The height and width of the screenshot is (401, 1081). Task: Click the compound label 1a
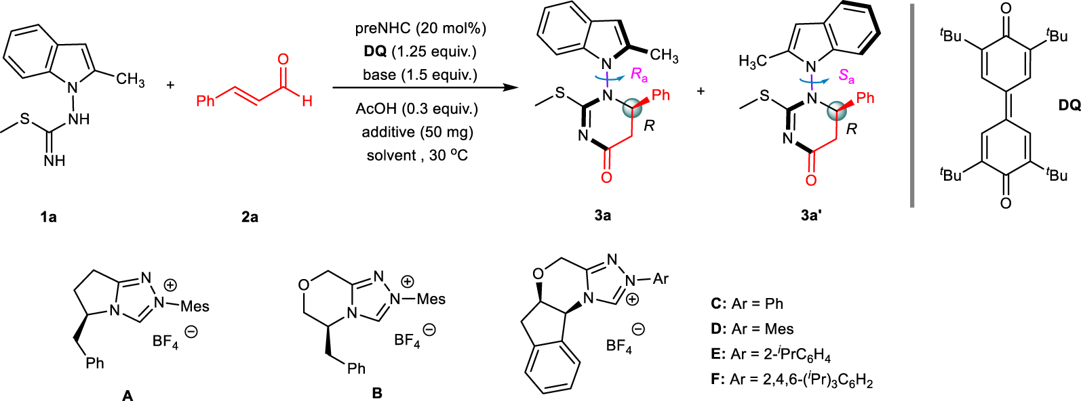point(47,217)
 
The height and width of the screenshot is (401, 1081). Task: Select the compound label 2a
point(250,217)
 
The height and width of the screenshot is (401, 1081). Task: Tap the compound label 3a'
point(812,215)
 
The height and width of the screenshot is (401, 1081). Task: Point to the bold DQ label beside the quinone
point(1069,105)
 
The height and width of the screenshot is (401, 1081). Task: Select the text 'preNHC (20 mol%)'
point(420,28)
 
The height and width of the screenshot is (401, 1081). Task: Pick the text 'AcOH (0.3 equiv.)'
point(417,108)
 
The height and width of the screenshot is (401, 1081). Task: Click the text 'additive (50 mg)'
point(417,131)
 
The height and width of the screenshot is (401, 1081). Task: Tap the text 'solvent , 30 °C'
point(417,155)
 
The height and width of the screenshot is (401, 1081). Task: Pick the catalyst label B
point(377,393)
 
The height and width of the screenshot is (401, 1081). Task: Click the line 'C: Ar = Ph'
point(747,303)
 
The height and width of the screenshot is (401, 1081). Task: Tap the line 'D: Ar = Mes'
point(752,329)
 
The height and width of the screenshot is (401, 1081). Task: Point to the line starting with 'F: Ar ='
point(791,379)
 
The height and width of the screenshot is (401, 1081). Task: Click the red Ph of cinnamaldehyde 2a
point(205,101)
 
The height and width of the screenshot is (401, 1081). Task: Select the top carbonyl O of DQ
point(1006,9)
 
